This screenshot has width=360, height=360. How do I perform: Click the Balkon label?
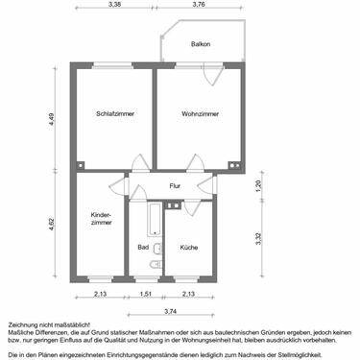click(200, 44)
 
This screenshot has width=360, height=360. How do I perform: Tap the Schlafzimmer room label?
click(115, 114)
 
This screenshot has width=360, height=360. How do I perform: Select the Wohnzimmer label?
click(200, 114)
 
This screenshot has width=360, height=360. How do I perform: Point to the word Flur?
click(175, 185)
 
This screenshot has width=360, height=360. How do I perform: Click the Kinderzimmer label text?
click(101, 219)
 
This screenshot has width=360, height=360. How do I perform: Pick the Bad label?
click(143, 249)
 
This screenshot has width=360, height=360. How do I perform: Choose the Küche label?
click(188, 249)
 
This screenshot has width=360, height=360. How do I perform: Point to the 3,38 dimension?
click(115, 5)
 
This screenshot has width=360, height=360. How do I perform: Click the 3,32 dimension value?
click(258, 240)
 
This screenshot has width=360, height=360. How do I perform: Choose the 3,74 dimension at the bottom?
click(169, 312)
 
